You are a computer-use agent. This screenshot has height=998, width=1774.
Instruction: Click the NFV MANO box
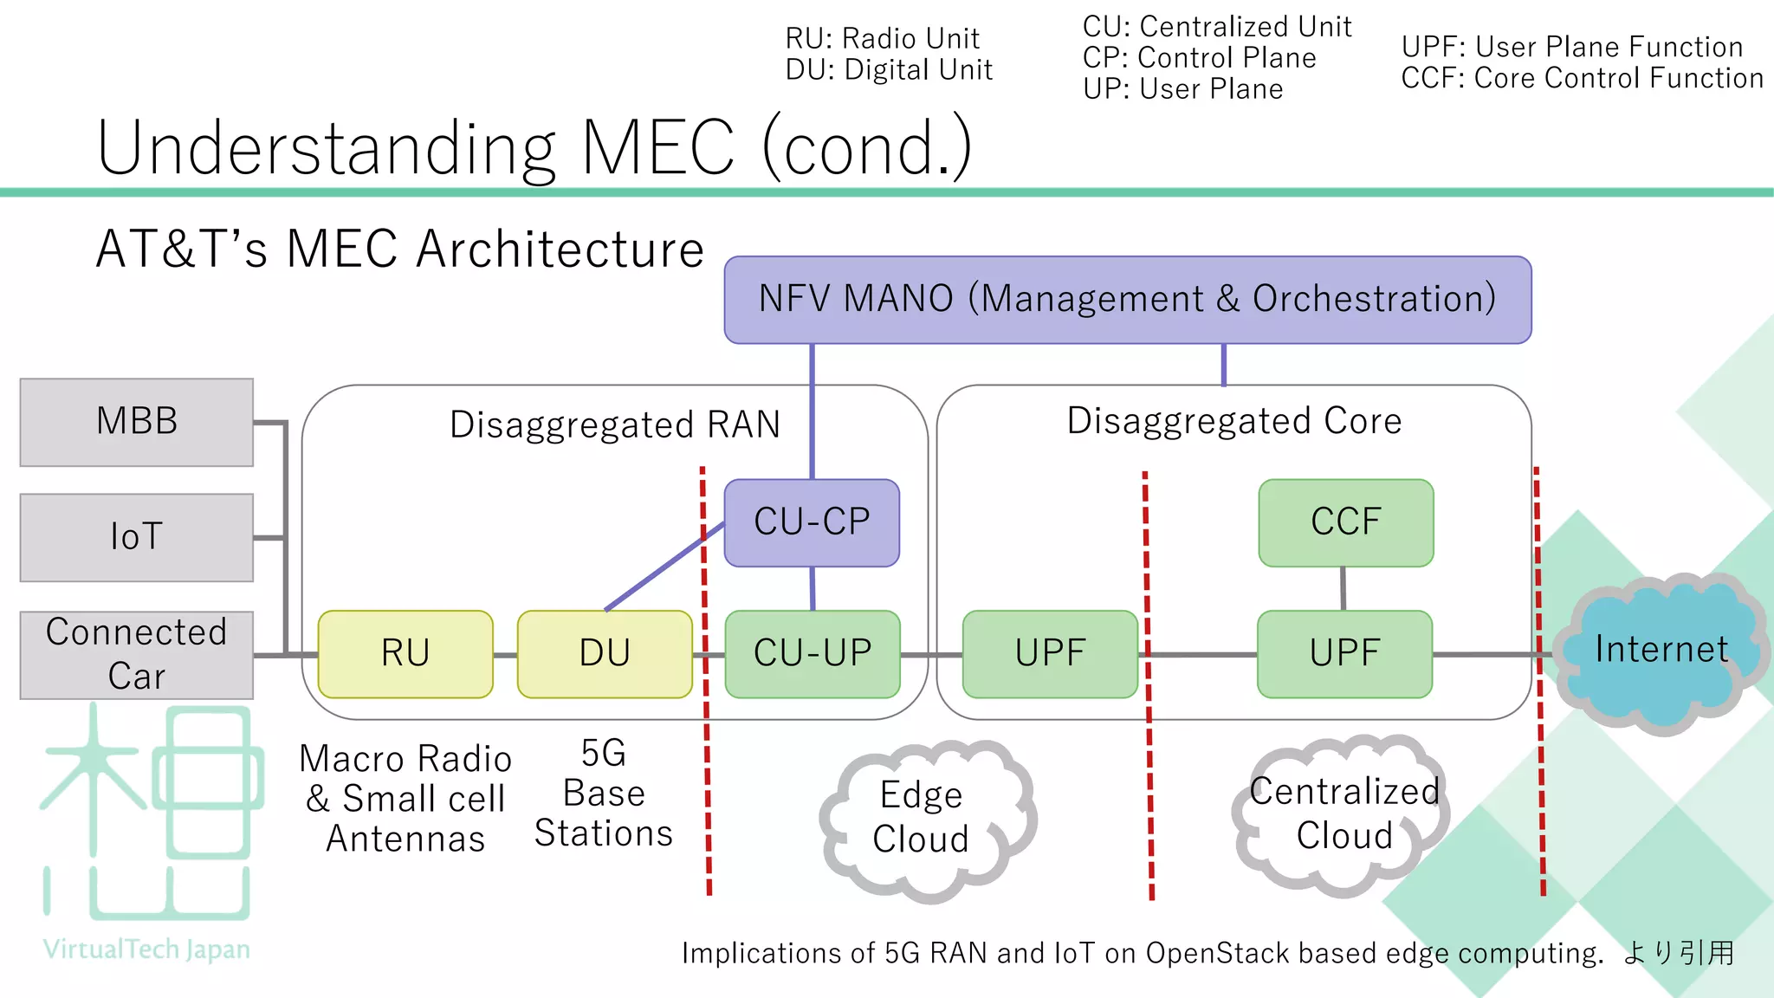[x=1127, y=300]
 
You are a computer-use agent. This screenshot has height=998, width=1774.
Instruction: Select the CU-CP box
[x=812, y=522]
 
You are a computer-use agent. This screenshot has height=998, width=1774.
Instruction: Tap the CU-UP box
[x=813, y=654]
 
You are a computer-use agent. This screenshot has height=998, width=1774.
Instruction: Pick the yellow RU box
[x=405, y=654]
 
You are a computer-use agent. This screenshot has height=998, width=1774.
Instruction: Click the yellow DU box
[x=605, y=654]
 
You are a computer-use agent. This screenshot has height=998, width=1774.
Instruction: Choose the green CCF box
[x=1345, y=522]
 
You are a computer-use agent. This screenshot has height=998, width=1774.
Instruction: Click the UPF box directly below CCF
[x=1344, y=654]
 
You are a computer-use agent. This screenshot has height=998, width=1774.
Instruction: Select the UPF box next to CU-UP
[x=1050, y=654]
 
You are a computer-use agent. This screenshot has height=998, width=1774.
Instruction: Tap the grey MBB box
[x=137, y=422]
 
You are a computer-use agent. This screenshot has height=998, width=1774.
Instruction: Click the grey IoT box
[x=137, y=537]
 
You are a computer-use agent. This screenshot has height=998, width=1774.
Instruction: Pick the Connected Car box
[x=137, y=655]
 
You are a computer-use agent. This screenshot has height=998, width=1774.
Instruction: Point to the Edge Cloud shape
[x=923, y=818]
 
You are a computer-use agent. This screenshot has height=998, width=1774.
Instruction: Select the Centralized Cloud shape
[x=1343, y=814]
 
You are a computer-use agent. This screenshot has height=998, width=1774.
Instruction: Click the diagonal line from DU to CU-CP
[x=664, y=567]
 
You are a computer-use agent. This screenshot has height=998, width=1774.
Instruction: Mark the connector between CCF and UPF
[x=1343, y=589]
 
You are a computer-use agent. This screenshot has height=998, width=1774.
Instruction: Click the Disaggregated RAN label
[x=615, y=425]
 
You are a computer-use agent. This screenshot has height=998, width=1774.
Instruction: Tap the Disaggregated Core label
[x=1233, y=421]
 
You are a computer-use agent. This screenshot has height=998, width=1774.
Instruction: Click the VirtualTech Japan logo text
[x=146, y=949]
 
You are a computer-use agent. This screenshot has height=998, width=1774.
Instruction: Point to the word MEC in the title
[x=658, y=149]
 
